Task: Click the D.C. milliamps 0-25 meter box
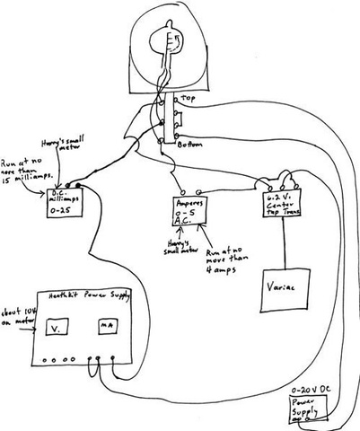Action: [x=68, y=203]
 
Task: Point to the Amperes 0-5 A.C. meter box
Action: [x=191, y=213]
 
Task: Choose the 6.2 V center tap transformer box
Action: [x=283, y=203]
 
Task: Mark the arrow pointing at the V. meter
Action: [x=30, y=326]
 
